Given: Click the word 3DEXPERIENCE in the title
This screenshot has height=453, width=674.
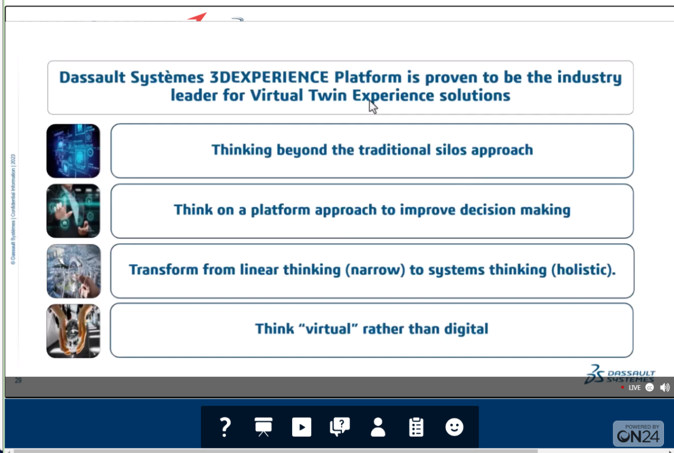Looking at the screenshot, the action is coord(269,77).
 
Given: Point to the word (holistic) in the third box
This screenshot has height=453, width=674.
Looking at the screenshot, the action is coord(584,270).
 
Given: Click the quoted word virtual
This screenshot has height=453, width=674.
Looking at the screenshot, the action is coord(328,329).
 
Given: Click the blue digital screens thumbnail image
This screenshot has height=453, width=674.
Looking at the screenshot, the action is coord(73,150).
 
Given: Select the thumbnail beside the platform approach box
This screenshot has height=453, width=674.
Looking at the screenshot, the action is coord(73,211).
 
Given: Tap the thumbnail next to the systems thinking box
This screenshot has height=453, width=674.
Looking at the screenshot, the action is coord(74,271).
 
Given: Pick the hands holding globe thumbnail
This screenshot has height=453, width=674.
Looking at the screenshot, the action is coord(73,331).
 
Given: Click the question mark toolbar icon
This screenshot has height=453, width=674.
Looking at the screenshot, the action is coord(225,427).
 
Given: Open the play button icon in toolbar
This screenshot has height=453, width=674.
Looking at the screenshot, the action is coord(302,427).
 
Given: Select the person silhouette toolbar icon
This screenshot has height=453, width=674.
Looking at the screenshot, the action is coord(378,427).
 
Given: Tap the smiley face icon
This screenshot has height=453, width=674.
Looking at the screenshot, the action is coord(454,427).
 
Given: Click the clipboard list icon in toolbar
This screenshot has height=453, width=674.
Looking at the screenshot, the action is coord(416,427).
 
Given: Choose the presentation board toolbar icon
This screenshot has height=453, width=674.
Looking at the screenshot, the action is coord(263,427).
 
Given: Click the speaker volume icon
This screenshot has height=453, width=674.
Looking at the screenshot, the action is coord(664,387).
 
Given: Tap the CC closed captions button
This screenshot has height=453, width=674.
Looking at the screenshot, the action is coord(649,388).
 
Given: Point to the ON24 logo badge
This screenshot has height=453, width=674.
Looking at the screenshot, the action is coord(638,433).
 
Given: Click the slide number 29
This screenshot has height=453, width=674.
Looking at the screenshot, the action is coord(18,381).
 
